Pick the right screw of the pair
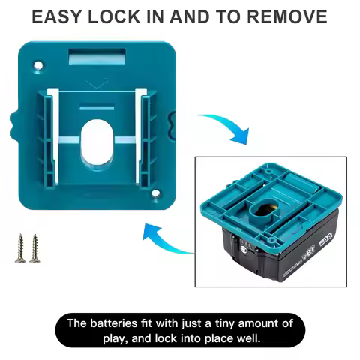tap(33, 247)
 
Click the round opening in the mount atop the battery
tap(266, 189)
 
